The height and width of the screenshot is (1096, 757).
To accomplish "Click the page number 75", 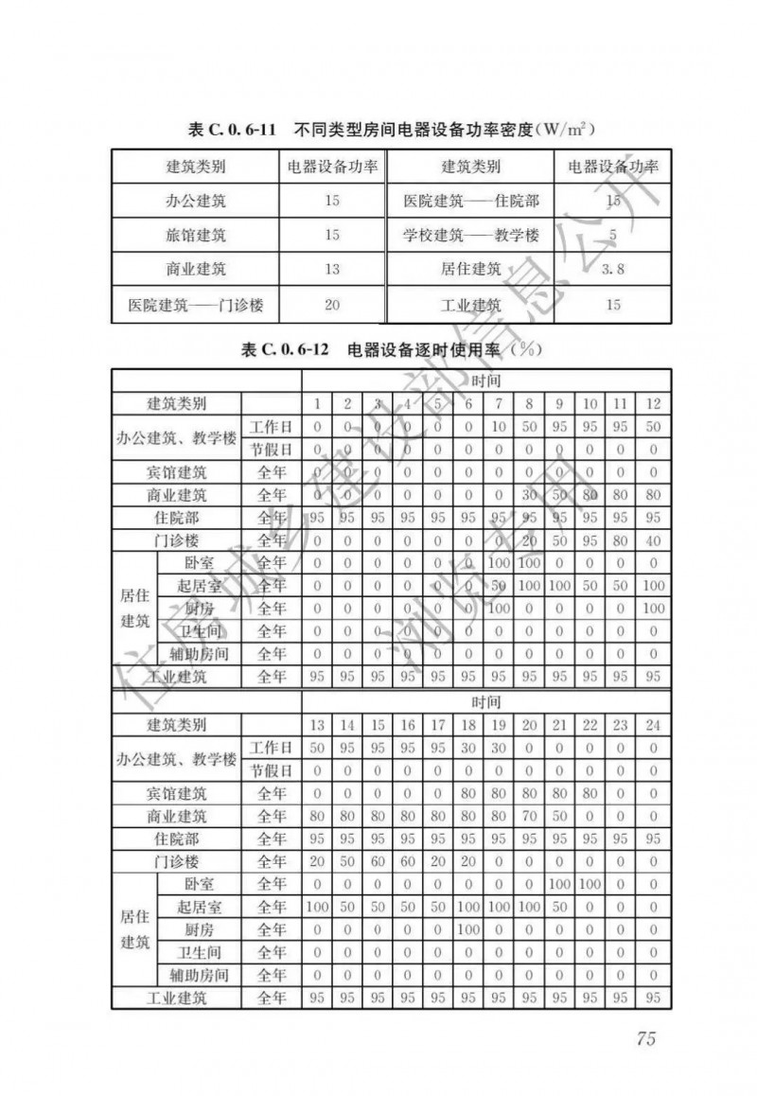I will click(x=646, y=1038).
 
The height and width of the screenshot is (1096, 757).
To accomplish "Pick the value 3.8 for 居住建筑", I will click(x=613, y=269).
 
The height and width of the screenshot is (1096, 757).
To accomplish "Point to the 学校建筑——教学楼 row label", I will click(x=470, y=235).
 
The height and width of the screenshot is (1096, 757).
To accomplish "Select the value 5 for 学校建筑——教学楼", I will click(x=613, y=235).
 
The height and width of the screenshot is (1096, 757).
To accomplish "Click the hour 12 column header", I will click(x=653, y=404).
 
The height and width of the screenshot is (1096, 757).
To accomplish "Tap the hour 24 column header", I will click(x=653, y=725).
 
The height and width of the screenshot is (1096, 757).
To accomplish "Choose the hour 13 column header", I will click(x=317, y=725).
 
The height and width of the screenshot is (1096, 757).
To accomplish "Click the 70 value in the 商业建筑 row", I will click(x=530, y=816).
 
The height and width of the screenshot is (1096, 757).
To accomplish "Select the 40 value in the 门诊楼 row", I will click(x=653, y=540).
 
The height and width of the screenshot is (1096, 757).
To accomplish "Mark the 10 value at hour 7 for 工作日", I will click(x=500, y=427).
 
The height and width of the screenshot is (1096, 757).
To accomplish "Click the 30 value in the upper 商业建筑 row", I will click(x=530, y=495).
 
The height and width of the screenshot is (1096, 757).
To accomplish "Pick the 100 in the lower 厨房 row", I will click(x=469, y=929).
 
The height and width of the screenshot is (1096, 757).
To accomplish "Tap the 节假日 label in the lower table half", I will click(x=272, y=770).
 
